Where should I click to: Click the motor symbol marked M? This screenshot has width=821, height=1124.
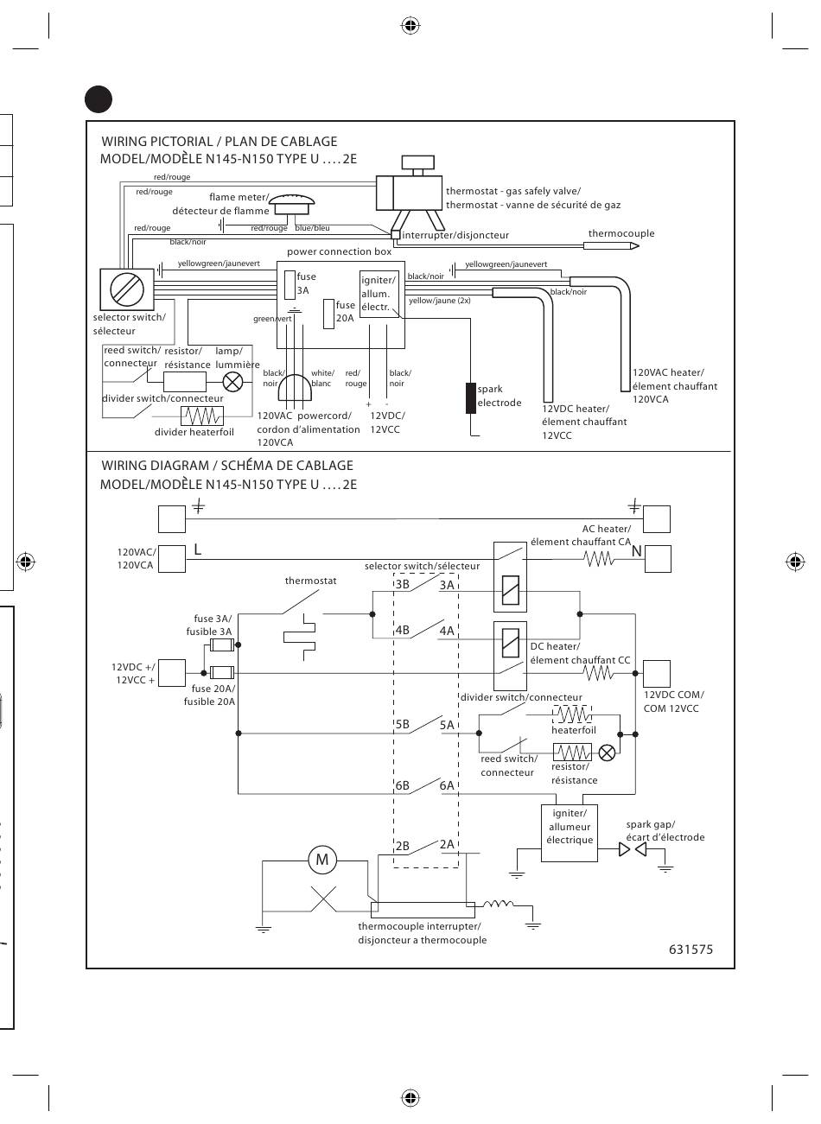tap(321, 859)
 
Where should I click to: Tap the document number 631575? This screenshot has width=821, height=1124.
tap(691, 949)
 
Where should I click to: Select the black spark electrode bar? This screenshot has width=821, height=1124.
tap(471, 398)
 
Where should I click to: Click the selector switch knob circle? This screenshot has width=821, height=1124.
tap(127, 289)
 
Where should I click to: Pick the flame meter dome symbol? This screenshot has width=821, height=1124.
tap(292, 204)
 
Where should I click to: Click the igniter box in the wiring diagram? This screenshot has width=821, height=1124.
tap(569, 833)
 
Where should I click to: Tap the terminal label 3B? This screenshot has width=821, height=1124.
tap(402, 584)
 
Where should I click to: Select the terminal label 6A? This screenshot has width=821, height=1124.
tap(447, 785)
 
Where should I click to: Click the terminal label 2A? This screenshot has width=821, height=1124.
tap(447, 844)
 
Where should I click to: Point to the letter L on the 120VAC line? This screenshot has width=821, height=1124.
tap(197, 550)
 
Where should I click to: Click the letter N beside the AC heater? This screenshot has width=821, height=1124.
tap(636, 551)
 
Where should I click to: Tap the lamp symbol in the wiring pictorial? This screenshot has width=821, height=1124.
tap(232, 383)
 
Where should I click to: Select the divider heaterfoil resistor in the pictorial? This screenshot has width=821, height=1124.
tap(202, 416)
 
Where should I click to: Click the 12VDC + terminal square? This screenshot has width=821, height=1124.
tap(172, 673)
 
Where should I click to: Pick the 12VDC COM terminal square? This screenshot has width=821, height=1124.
tap(657, 673)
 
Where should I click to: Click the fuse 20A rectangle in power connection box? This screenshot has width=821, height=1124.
tap(328, 314)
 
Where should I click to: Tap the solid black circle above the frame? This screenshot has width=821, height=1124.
tap(99, 98)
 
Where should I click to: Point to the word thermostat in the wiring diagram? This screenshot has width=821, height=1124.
tap(310, 581)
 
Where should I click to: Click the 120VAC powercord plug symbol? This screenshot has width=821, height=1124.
tap(295, 388)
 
